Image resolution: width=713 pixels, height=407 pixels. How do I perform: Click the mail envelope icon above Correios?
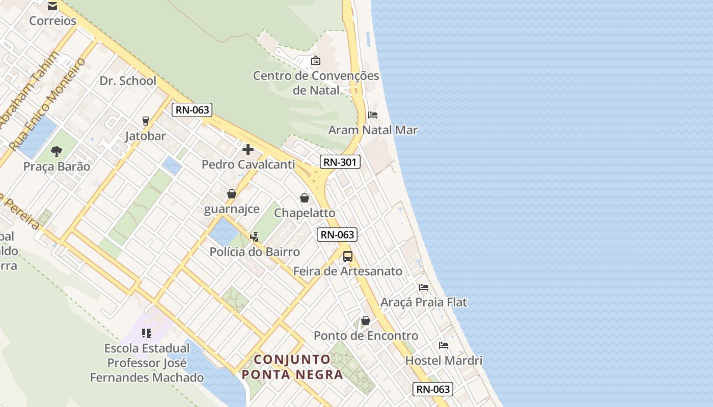pos(52,6)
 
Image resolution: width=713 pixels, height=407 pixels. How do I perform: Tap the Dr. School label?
pos(128,80)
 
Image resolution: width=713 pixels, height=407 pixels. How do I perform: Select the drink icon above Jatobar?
pos(146,121)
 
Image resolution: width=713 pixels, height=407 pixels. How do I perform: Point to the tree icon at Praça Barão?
pos(57,151)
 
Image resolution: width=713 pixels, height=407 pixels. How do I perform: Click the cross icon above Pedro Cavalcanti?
pos(248,150)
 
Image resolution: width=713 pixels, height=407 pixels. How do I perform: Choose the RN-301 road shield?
pos(340,162)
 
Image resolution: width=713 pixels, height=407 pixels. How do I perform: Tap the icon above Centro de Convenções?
pos(316,61)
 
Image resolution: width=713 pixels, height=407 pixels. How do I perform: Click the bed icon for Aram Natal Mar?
pos(373,115)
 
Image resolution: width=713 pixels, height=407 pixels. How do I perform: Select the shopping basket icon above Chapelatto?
pos(305,198)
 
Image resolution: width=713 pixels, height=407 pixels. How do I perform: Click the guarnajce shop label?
pos(232,209)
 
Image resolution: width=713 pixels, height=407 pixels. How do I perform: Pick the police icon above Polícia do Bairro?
pos(254,237)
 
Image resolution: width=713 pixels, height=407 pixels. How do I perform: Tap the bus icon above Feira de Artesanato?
pos(348,256)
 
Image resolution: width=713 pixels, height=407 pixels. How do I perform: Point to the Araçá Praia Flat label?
pos(424,302)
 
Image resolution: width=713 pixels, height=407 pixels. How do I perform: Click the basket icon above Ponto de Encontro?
pos(366,321)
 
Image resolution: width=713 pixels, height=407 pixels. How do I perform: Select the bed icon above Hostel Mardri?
pos(444,345)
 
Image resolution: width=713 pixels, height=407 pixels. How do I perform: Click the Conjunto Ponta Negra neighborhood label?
pos(292,367)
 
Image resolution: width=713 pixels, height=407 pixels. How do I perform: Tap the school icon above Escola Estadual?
pos(147,333)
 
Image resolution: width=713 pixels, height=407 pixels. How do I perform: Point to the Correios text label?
pos(52,21)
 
